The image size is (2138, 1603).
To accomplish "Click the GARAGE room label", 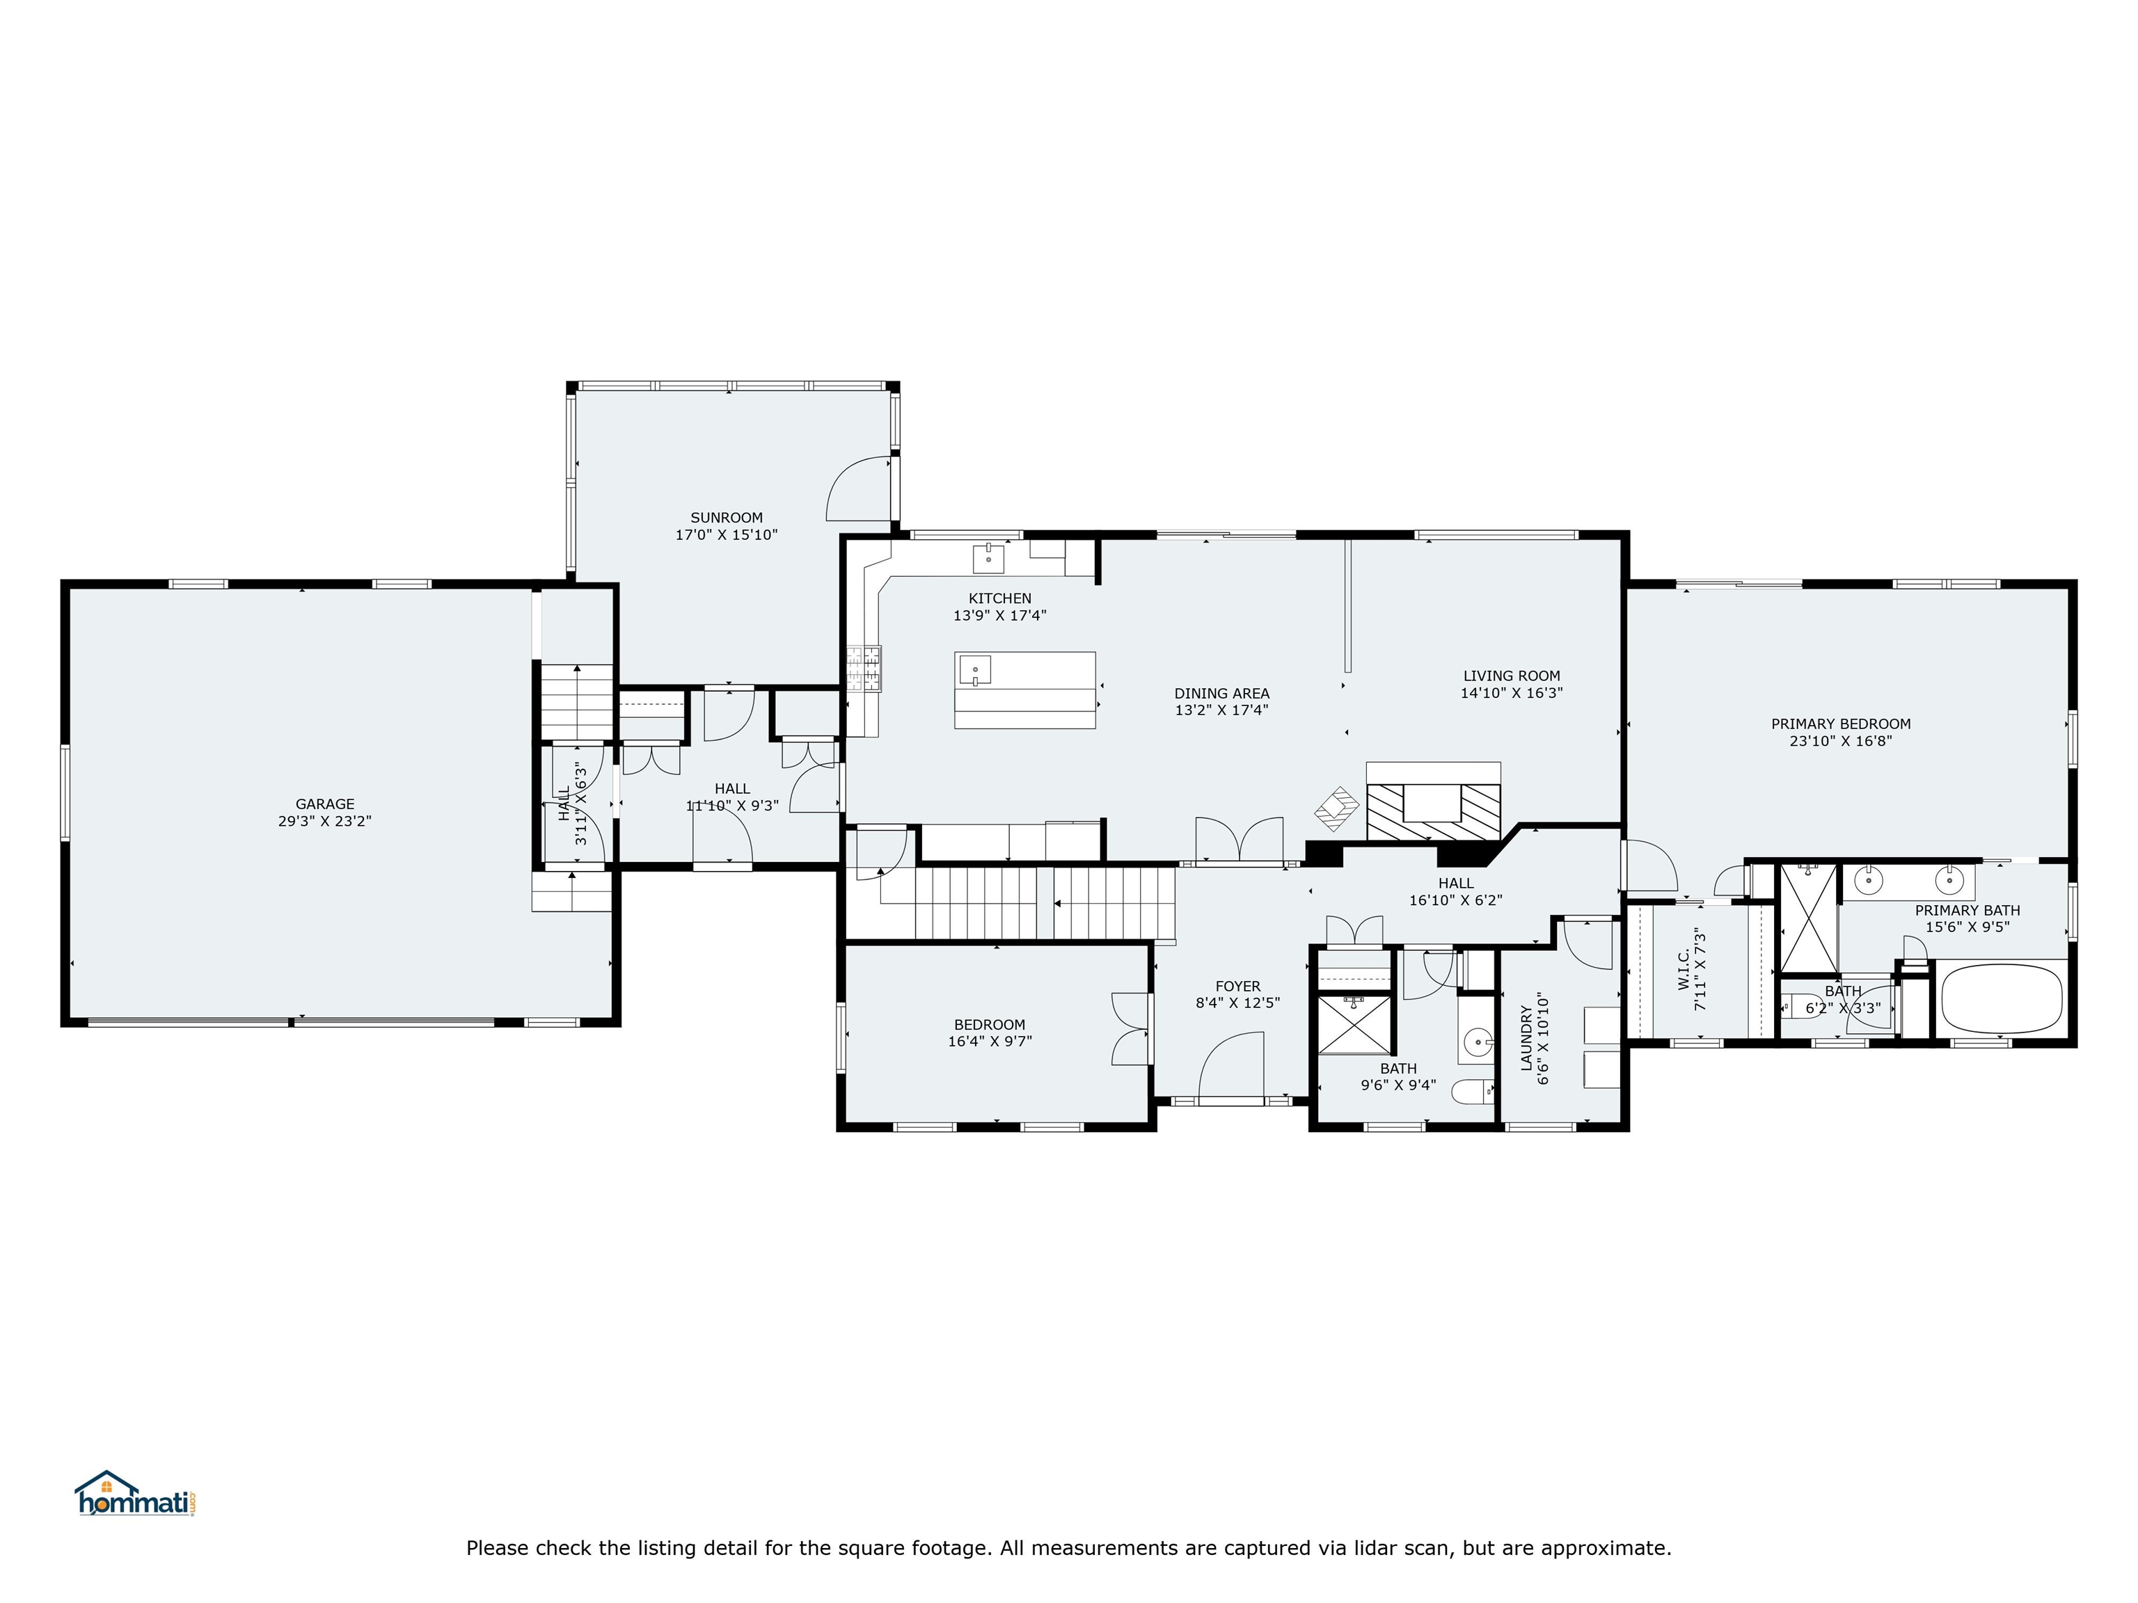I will click(x=325, y=804).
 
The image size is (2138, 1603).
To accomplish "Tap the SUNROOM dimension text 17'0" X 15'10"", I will click(x=726, y=534).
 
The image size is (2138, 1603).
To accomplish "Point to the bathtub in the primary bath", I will click(x=2001, y=998).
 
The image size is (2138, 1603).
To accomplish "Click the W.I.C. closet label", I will click(x=1684, y=969).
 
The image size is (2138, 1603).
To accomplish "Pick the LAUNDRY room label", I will click(x=1526, y=1039).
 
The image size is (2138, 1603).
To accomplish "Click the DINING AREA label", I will click(x=1221, y=693).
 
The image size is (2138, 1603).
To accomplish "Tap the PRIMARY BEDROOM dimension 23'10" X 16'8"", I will click(x=1840, y=741).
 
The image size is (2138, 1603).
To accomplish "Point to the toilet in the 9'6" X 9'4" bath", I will click(x=1473, y=1093).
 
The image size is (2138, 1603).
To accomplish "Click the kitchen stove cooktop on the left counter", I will click(x=864, y=669).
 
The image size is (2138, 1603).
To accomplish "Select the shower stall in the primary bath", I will click(x=1808, y=917).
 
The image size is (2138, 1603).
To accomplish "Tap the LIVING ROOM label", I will click(x=1511, y=676).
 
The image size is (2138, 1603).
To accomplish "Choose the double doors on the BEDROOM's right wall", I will click(x=1131, y=1028).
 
